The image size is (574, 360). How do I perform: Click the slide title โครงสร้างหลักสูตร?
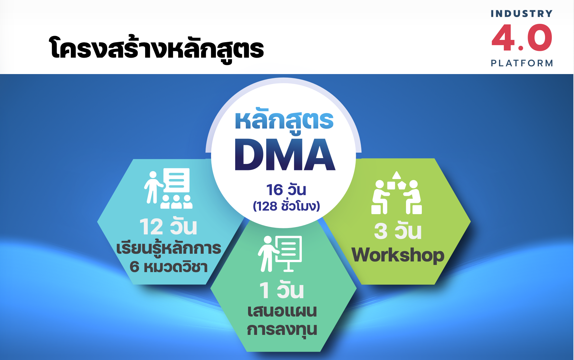pyautogui.click(x=157, y=49)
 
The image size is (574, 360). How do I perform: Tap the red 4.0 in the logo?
pyautogui.click(x=522, y=38)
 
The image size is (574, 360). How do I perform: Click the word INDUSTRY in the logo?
pyautogui.click(x=522, y=14)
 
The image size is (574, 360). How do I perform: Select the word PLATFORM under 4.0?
pyautogui.click(x=522, y=63)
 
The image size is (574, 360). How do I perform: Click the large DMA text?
pyautogui.click(x=285, y=155)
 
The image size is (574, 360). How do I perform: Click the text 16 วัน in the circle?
pyautogui.click(x=286, y=190)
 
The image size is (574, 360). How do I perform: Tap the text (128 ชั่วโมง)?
pyautogui.click(x=286, y=206)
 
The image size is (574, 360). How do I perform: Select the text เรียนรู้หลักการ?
pyautogui.click(x=169, y=248)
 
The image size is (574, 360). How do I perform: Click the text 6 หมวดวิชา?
pyautogui.click(x=169, y=267)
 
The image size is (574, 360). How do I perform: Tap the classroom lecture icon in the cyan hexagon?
pyautogui.click(x=168, y=188)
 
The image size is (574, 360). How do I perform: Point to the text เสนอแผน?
pyautogui.click(x=282, y=311)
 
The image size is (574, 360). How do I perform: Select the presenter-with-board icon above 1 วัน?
pyautogui.click(x=280, y=254)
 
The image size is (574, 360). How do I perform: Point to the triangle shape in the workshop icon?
pyautogui.click(x=396, y=175)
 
